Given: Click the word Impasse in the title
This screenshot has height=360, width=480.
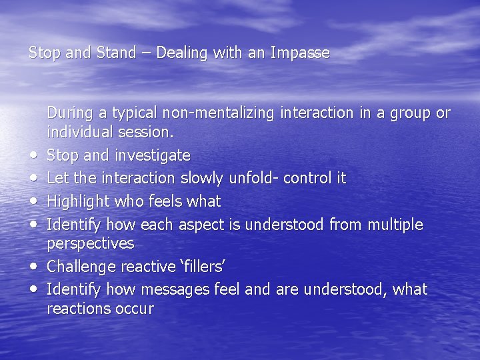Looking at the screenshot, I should [300, 53].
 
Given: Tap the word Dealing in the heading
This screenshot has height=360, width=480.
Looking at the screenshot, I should [181, 53].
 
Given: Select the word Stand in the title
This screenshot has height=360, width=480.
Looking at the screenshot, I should [115, 53].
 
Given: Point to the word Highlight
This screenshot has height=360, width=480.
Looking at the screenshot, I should [76, 201].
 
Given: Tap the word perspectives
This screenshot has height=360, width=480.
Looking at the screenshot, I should [90, 244].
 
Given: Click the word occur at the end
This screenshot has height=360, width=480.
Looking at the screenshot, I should [133, 309].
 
